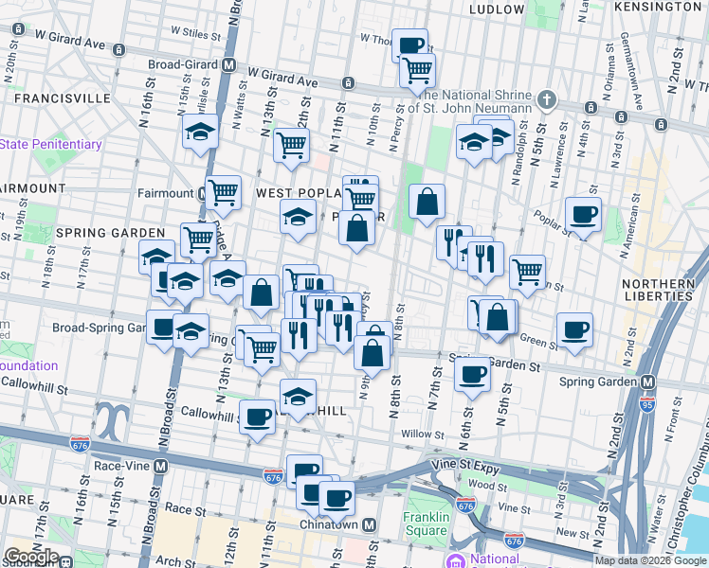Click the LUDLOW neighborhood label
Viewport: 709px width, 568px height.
coord(496,9)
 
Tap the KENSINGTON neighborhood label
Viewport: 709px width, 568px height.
coord(657,7)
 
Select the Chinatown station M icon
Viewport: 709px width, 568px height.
coord(370,525)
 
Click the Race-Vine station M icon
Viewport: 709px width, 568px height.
coord(161,467)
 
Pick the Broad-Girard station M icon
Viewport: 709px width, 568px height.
coord(227,65)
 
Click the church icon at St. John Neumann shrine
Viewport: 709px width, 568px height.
coord(547,99)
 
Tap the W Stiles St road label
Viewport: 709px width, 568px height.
coord(195,35)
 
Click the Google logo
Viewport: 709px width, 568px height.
coord(31,557)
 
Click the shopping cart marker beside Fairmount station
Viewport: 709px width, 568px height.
coord(223,192)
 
